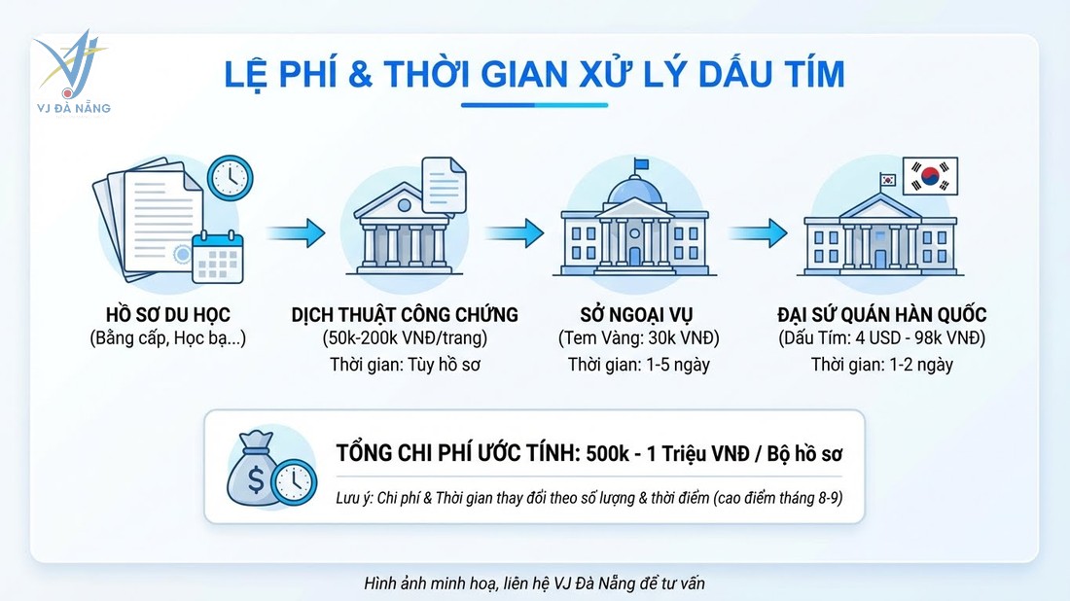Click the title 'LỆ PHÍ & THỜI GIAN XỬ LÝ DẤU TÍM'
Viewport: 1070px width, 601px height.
click(534, 75)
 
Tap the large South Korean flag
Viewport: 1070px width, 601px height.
click(931, 177)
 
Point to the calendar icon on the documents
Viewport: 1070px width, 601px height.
click(218, 256)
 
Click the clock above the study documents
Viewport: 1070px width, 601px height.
click(230, 177)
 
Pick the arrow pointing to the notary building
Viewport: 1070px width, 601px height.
click(296, 232)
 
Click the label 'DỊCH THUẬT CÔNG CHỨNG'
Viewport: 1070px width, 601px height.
click(404, 315)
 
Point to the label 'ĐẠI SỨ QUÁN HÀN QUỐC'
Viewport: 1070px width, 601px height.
click(882, 315)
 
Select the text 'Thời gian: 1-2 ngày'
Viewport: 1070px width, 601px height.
click(882, 365)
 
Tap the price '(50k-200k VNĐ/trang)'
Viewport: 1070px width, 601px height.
click(404, 339)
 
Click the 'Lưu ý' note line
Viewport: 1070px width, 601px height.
click(588, 497)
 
